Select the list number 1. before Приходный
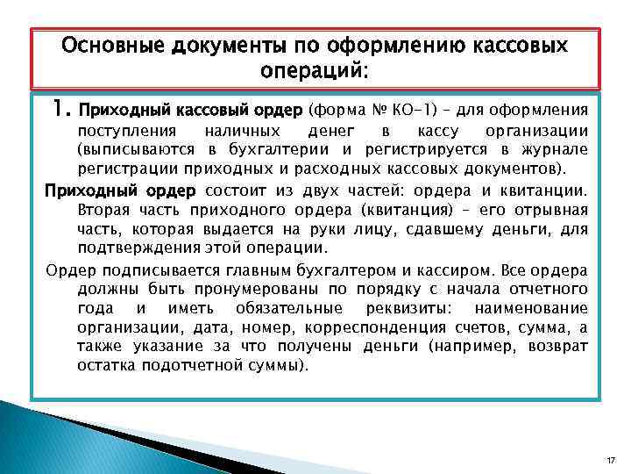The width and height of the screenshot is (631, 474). [x=62, y=111]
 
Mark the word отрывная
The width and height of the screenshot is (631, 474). [x=549, y=211]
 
